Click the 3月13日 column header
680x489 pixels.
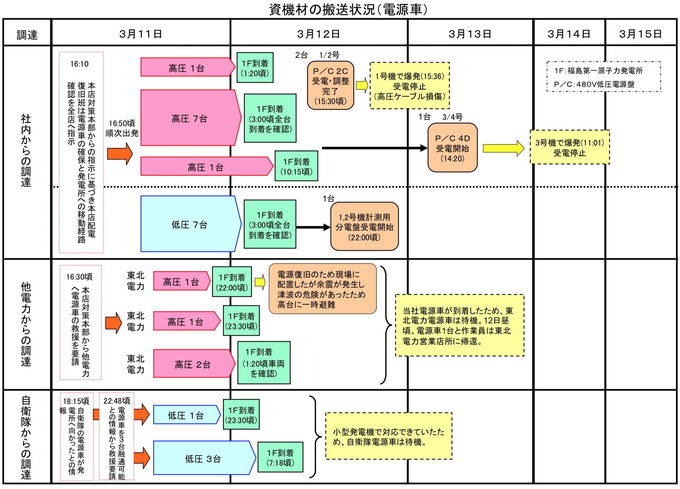470,34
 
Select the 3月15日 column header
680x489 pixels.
640,34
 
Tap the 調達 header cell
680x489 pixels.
27,35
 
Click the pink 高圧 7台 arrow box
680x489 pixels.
191,118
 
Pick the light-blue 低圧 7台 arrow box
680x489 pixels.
191,224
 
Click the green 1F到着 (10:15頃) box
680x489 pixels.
296,166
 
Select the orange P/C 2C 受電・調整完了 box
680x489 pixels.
330,86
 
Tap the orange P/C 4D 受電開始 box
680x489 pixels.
453,148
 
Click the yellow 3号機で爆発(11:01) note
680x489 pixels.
570,147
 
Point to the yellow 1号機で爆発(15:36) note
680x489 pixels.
410,86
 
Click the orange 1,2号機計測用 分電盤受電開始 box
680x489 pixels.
365,227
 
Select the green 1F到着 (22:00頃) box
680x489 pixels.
232,282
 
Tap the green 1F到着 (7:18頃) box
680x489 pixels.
281,457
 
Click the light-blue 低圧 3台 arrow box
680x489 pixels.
204,458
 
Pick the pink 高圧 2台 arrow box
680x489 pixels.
194,364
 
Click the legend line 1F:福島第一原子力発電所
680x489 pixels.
599,70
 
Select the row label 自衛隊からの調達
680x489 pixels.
26,437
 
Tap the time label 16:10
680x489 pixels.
80,64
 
